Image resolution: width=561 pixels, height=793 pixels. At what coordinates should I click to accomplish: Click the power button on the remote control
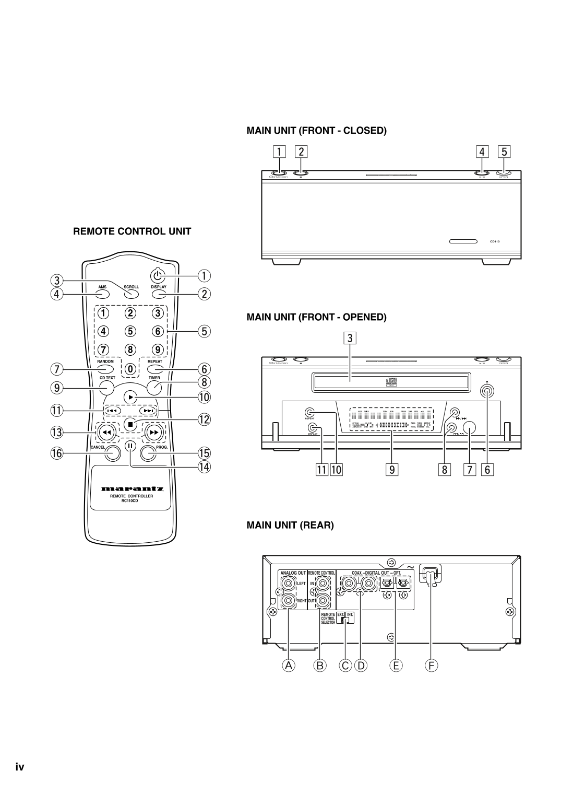(x=157, y=274)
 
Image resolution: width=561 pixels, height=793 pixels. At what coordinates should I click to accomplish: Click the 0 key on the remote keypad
(x=130, y=369)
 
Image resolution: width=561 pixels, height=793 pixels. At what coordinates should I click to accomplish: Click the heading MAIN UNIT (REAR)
(x=290, y=525)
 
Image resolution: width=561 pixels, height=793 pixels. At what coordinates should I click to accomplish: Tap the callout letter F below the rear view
(x=431, y=666)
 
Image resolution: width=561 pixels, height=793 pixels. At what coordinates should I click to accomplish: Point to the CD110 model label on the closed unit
(x=494, y=242)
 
